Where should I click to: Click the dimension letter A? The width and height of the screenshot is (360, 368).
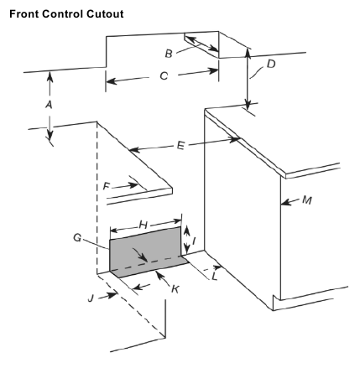(x=49, y=105)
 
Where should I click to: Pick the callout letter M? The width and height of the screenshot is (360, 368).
(x=307, y=201)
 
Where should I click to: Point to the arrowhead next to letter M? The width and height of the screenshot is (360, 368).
(x=284, y=202)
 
